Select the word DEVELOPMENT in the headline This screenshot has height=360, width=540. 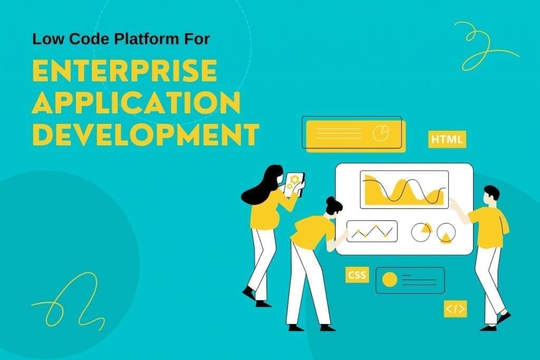[145, 135]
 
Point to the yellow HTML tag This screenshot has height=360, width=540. [447, 140]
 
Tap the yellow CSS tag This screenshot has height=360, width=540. [357, 275]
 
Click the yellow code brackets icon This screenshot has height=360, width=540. [455, 309]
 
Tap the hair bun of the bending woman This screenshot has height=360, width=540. [331, 201]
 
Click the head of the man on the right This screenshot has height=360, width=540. [491, 193]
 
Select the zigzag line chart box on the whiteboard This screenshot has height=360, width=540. [371, 231]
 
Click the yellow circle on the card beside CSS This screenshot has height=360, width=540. [389, 280]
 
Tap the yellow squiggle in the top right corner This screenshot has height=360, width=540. [483, 45]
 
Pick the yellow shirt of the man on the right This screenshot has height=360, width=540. [489, 227]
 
